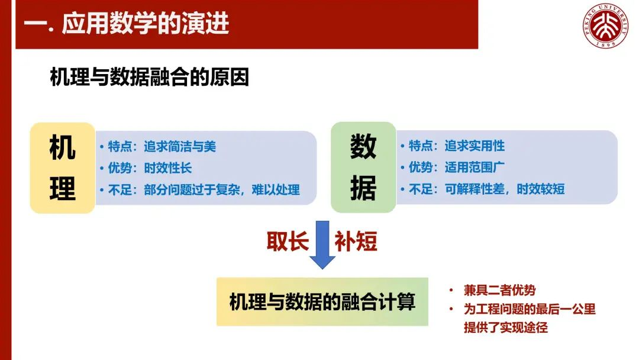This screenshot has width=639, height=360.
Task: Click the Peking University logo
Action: click(605, 25)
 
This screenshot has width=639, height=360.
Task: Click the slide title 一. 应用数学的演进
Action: click(127, 23)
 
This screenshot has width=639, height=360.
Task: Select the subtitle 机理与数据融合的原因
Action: click(149, 77)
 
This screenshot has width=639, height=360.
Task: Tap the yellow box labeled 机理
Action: click(62, 168)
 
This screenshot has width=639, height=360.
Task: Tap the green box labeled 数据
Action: click(363, 167)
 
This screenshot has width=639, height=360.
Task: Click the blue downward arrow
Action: click(322, 245)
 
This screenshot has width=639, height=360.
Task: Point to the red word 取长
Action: click(288, 241)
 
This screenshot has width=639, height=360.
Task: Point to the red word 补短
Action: click(356, 241)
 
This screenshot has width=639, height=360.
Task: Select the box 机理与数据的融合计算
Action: click(322, 302)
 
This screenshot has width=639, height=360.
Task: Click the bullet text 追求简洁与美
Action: click(180, 146)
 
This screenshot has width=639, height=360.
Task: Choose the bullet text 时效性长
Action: click(168, 168)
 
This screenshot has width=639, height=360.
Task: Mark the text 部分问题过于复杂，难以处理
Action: click(222, 189)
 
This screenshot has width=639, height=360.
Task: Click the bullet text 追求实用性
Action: click(475, 146)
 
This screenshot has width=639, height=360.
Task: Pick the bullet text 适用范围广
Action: click(475, 167)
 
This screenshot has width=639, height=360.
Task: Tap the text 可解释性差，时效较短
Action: click(505, 189)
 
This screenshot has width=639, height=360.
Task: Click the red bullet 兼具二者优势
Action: click(499, 290)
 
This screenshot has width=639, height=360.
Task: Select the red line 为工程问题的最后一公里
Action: click(530, 309)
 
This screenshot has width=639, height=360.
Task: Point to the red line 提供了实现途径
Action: click(506, 327)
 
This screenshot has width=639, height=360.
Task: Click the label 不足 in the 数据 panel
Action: click(421, 189)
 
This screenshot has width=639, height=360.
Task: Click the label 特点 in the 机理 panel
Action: click(120, 146)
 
